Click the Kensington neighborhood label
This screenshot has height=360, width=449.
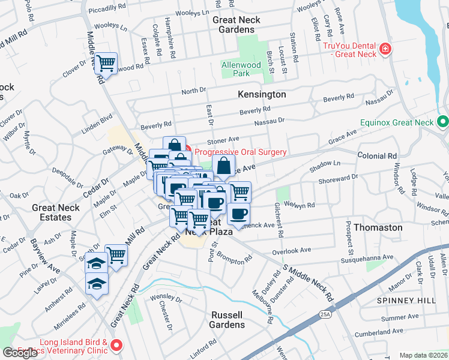click(262, 95)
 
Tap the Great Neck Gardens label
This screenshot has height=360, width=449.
click(237, 25)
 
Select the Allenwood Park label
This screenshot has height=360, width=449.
click(244, 69)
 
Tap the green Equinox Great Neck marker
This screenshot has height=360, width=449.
click(443, 122)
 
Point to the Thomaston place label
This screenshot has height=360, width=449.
click(378, 228)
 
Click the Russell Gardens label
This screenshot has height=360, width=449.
click(227, 320)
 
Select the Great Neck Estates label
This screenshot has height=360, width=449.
click(52, 212)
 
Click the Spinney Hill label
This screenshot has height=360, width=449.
click(400, 299)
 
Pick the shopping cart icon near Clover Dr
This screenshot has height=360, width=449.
click(106, 62)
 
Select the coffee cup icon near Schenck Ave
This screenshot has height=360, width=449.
click(238, 214)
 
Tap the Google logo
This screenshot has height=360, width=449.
click(20, 352)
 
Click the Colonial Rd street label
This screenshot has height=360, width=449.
click(377, 156)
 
